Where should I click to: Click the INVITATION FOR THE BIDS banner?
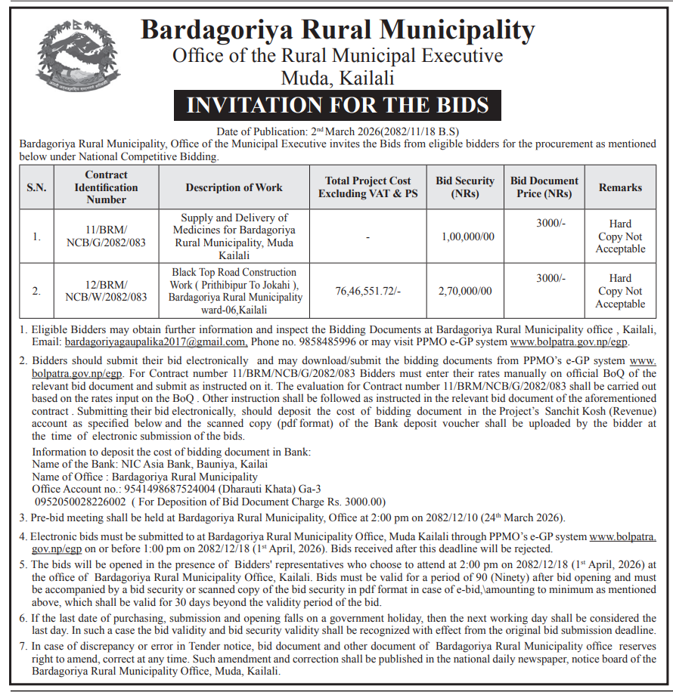coord(337,105)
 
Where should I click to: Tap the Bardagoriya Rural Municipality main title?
coord(337,30)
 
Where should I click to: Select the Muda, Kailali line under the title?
coord(337,78)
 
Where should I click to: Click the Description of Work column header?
coord(234,187)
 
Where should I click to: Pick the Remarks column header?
coord(620,187)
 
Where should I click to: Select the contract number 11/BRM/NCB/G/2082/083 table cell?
coord(106,236)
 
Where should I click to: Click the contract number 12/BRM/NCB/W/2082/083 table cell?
coord(106,291)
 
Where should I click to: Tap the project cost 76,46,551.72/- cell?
coord(368,291)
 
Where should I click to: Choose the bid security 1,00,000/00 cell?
coord(465,236)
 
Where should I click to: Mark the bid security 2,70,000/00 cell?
coord(465,291)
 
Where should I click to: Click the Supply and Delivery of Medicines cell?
coord(234,236)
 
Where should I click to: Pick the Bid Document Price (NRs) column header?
coord(544,187)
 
